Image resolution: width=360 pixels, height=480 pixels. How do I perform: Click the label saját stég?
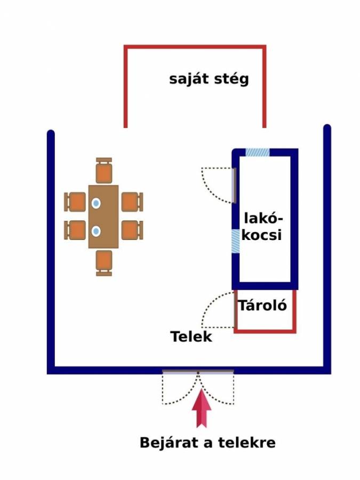[x=209, y=79]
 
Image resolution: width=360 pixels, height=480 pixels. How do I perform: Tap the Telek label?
[x=191, y=337]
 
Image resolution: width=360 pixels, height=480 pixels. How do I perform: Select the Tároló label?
[x=262, y=305]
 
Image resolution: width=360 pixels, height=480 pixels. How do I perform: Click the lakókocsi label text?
[x=262, y=227]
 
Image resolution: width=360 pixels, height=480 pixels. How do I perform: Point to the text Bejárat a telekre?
[x=207, y=443]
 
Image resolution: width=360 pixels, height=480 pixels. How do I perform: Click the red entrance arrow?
[x=202, y=408]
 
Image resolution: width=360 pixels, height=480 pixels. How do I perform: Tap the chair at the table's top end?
[x=104, y=170]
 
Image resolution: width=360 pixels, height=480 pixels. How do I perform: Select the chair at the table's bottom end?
[x=104, y=263]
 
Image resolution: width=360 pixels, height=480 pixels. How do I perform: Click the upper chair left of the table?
[x=75, y=202]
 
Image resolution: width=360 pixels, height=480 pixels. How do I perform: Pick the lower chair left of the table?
[x=75, y=230]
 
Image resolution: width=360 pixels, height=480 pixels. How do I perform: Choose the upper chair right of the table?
[x=132, y=202]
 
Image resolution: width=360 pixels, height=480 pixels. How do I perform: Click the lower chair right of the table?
[x=132, y=230]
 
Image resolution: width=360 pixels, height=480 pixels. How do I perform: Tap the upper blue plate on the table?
[x=96, y=203]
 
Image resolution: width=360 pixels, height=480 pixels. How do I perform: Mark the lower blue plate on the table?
[x=96, y=231]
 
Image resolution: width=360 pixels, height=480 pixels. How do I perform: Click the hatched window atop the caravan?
[x=258, y=152]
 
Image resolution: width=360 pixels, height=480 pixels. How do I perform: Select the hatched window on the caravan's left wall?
[x=235, y=241]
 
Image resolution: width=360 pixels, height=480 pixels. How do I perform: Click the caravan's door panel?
[x=234, y=186]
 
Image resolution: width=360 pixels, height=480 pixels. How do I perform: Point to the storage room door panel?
[x=235, y=310]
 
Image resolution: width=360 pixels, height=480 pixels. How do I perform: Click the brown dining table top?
[x=103, y=217]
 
